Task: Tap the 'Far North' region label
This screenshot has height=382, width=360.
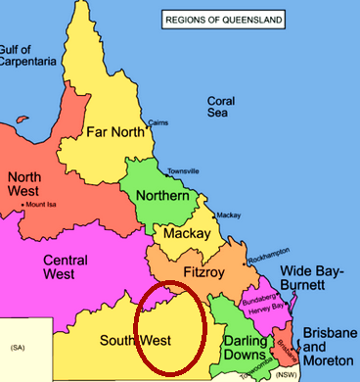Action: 115,131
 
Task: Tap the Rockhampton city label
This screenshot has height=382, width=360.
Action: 271,256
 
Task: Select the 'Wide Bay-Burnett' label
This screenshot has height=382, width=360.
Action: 315,278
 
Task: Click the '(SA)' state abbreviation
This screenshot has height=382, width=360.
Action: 18,349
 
